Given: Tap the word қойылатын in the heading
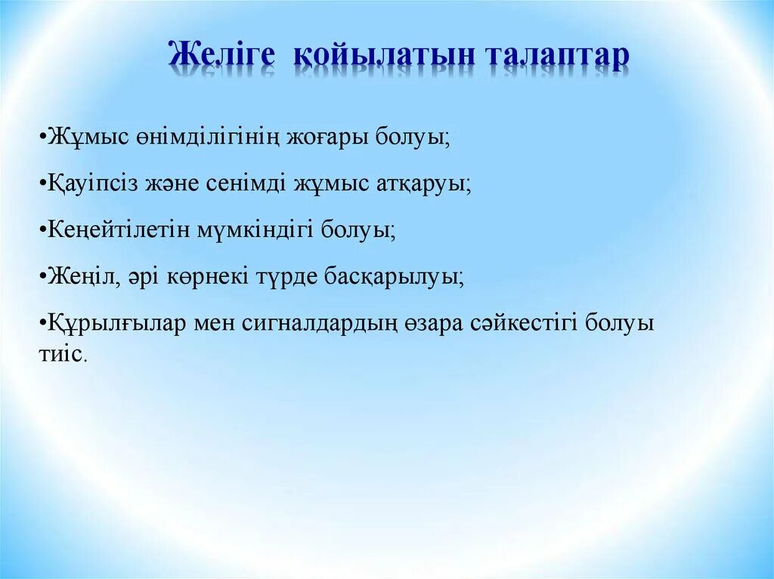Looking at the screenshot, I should pos(385,57).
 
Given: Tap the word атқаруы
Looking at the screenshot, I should pos(423,185).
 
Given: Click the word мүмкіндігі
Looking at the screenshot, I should pos(254,230).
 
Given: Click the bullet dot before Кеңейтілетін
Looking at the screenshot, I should pos(40,230).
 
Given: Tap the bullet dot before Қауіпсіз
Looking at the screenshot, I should pos(40,184).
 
